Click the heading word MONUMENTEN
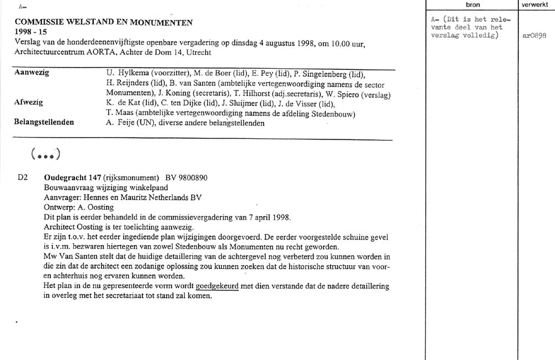[x=165, y=23]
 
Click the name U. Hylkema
[x=124, y=74]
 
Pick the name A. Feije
[x=120, y=123]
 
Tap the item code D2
[x=23, y=178]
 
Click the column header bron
[x=473, y=4]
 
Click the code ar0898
[x=534, y=35]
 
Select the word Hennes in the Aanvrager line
[x=97, y=197]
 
